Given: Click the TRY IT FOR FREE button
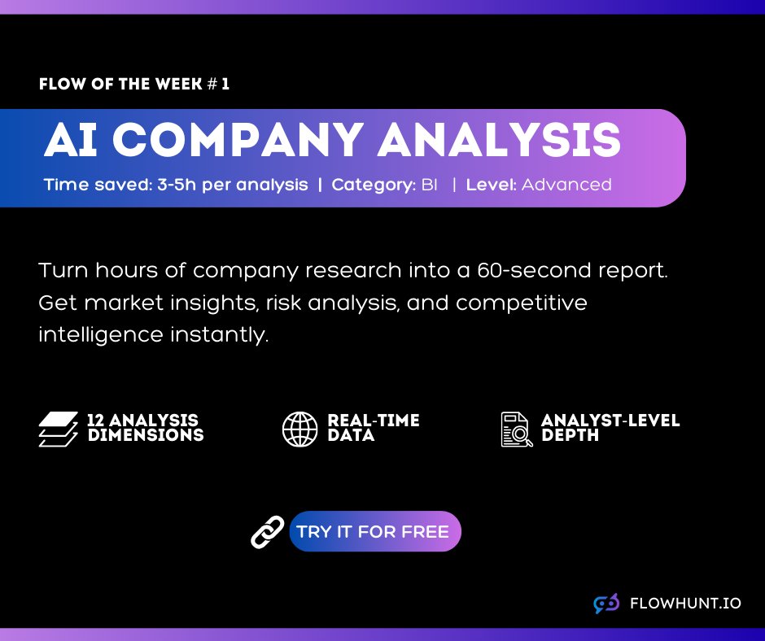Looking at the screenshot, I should pyautogui.click(x=374, y=532).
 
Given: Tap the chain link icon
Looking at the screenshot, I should pyautogui.click(x=267, y=532).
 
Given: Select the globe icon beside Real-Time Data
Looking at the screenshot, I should pyautogui.click(x=300, y=429).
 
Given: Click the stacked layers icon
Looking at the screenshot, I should pyautogui.click(x=58, y=429).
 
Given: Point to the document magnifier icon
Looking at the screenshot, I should pyautogui.click(x=517, y=429).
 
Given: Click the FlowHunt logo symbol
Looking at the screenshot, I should pyautogui.click(x=606, y=604).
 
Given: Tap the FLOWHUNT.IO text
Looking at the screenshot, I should pyautogui.click(x=685, y=604).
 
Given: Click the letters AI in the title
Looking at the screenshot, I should pyautogui.click(x=72, y=141).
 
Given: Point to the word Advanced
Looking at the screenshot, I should pyautogui.click(x=566, y=185).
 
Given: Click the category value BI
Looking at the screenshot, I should pyautogui.click(x=429, y=185).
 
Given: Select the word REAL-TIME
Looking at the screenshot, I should pyautogui.click(x=374, y=421).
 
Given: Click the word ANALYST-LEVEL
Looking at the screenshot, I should pyautogui.click(x=610, y=421).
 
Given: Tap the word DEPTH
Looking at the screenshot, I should pyautogui.click(x=570, y=435).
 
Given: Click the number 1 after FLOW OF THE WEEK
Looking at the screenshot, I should pyautogui.click(x=225, y=84).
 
